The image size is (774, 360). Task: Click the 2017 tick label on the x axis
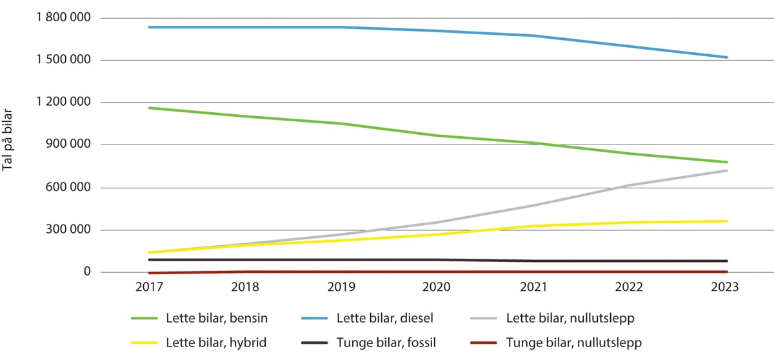[149, 288]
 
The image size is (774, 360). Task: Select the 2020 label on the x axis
[438, 288]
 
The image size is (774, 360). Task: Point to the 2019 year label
[342, 288]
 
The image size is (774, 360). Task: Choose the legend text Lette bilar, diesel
[385, 318]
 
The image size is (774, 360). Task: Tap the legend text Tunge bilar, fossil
[385, 343]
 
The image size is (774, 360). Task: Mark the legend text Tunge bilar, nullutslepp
[573, 343]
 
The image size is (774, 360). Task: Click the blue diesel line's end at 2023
[727, 57]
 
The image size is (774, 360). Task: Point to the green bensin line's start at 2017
[149, 108]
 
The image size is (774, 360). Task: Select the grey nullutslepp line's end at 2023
[727, 170]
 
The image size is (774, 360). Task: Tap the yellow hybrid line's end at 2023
[727, 221]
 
